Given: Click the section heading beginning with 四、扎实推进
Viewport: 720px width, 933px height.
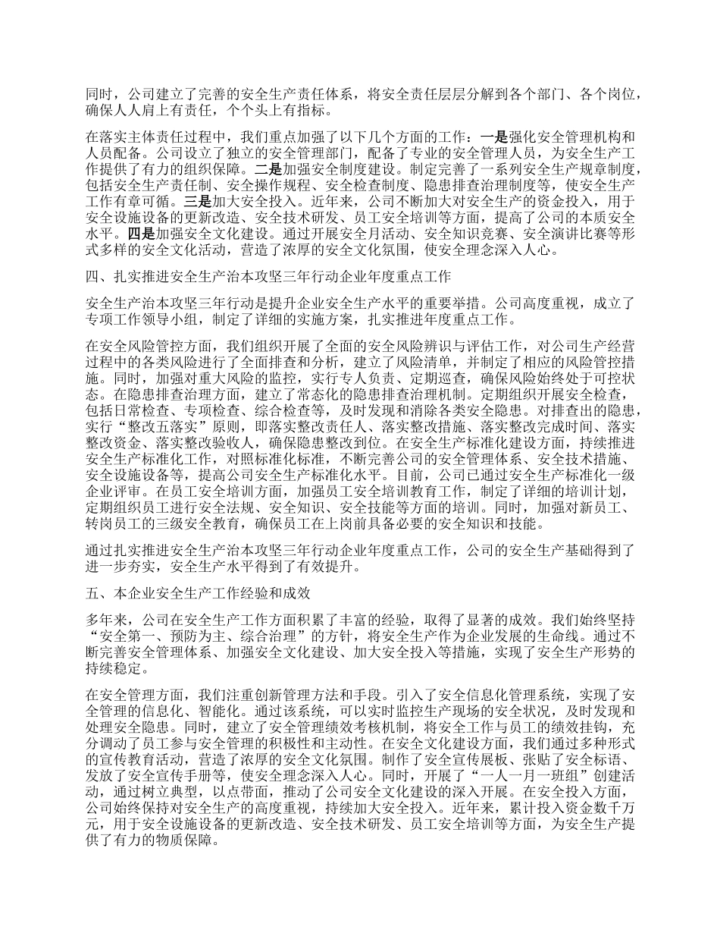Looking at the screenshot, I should [x=269, y=275].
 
